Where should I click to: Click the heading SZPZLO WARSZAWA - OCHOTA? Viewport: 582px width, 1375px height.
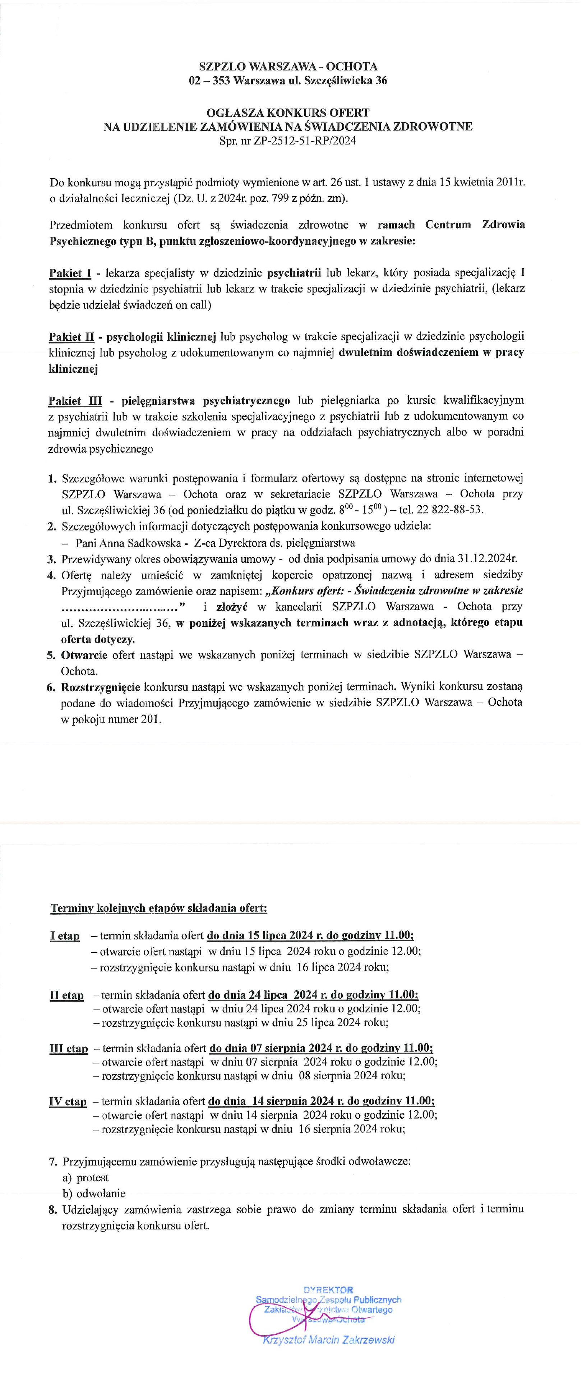[288, 67]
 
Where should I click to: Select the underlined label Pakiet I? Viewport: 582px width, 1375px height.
[70, 273]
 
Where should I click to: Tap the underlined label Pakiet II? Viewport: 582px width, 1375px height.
[71, 337]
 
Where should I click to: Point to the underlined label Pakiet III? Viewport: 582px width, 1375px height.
[75, 401]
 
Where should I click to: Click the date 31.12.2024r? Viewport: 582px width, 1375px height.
[488, 559]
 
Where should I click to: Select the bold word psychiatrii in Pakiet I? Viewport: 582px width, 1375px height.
[294, 273]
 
